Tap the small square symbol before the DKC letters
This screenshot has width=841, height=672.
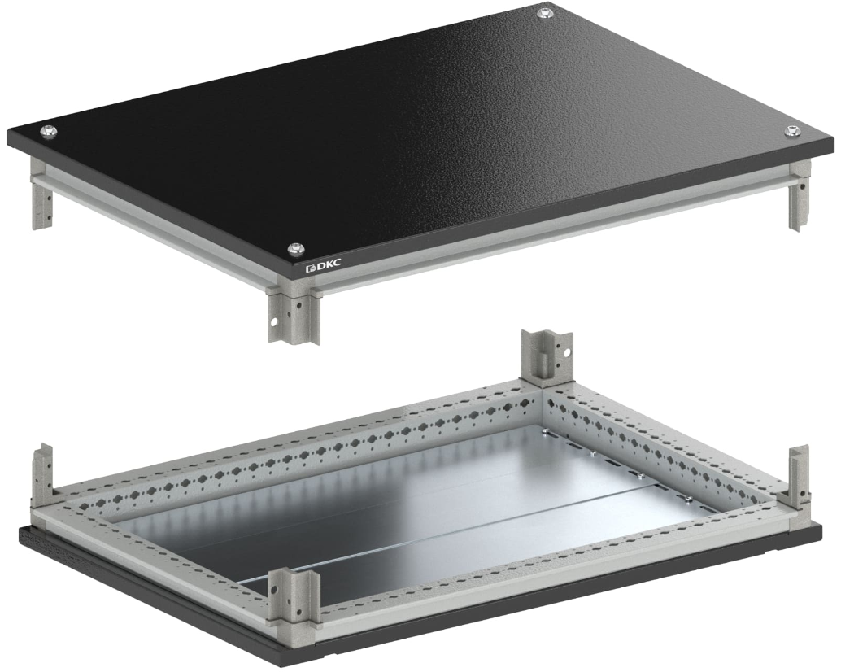coord(309,268)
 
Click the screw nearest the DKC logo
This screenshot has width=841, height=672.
coord(295,248)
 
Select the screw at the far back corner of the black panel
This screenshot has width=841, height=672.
coord(545,13)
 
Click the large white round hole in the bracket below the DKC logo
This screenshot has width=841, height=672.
coord(275,323)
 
